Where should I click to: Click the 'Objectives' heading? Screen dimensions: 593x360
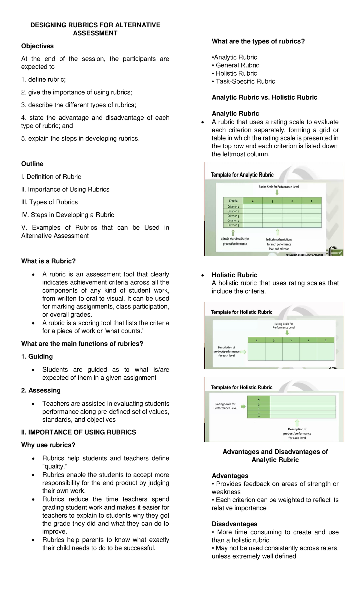point(37,46)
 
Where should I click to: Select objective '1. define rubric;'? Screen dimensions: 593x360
point(43,80)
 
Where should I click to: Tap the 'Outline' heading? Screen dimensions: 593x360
point(32,164)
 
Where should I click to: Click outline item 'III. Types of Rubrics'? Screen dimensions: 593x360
point(49,202)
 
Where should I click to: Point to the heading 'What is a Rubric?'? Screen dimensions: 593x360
point(48,261)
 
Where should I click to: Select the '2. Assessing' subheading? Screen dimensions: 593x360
point(41,390)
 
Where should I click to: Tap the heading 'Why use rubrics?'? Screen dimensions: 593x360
point(48,445)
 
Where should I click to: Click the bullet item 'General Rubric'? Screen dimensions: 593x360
point(237,65)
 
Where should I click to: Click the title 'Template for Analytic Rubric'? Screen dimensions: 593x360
point(242,175)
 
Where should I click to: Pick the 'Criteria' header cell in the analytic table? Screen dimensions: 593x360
point(233,201)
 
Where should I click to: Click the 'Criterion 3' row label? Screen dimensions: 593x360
point(233,216)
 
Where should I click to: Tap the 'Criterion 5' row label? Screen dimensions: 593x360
point(233,225)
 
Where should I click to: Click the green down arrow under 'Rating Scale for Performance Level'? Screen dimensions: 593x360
point(277,192)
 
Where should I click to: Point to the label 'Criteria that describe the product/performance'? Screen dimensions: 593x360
point(235,242)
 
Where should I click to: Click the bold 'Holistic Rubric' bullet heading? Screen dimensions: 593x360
point(234,275)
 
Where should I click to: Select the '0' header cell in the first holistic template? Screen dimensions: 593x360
point(325,340)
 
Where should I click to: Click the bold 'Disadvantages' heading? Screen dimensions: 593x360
point(234,524)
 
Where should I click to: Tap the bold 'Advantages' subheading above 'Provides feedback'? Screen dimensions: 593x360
point(230,476)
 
